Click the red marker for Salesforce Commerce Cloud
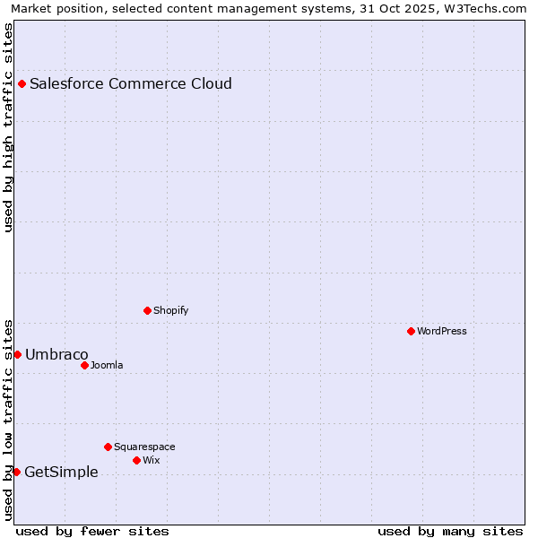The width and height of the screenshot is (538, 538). click(22, 84)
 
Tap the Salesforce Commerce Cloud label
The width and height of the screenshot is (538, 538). click(131, 84)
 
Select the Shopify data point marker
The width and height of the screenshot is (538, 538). click(148, 311)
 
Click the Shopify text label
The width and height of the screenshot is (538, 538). click(170, 311)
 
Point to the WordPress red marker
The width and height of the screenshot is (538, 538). click(412, 332)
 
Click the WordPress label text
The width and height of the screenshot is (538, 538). click(441, 332)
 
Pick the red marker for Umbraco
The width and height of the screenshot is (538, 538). click(17, 355)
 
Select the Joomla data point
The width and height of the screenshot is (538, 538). click(85, 366)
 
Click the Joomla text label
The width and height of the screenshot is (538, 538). click(107, 366)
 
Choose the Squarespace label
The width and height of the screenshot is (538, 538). click(144, 447)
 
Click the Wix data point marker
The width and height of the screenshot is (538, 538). click(137, 461)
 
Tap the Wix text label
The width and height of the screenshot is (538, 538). click(152, 461)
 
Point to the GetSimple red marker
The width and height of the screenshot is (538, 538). click(16, 473)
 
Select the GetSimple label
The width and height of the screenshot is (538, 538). click(61, 473)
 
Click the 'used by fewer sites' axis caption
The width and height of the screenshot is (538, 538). click(92, 531)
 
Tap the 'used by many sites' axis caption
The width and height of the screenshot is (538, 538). click(450, 531)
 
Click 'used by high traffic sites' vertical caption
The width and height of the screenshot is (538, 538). click(8, 127)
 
